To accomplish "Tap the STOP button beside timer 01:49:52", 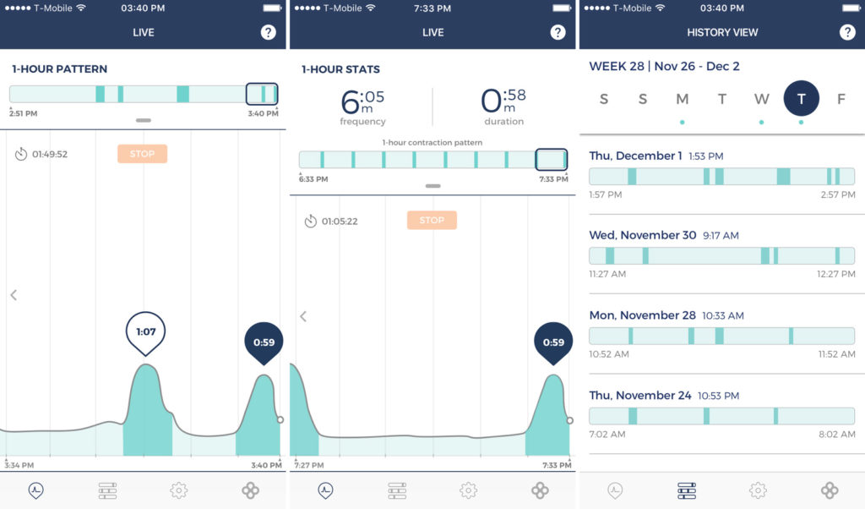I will click(x=142, y=154).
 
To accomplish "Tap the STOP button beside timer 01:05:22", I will click(x=432, y=221).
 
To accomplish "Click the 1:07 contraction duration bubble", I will click(x=146, y=331).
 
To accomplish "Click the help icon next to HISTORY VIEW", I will click(x=847, y=32).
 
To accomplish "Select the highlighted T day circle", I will click(x=801, y=99).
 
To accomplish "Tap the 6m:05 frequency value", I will click(x=362, y=102).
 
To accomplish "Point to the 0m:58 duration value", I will click(x=503, y=102).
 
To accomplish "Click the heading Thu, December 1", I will click(x=635, y=156).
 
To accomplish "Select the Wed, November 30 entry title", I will click(x=642, y=235).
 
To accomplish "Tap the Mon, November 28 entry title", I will click(x=642, y=315).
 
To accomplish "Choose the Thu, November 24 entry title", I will click(x=639, y=395).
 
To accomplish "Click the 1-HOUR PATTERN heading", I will click(x=59, y=68).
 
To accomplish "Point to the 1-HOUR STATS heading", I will click(x=340, y=68).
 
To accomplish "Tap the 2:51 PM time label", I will click(x=24, y=113).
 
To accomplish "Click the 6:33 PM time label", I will click(x=313, y=179).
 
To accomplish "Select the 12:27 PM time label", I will click(x=836, y=274).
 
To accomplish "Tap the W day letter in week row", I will click(x=761, y=99).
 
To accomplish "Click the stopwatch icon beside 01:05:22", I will click(x=310, y=222).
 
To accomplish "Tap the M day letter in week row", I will click(x=682, y=99).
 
